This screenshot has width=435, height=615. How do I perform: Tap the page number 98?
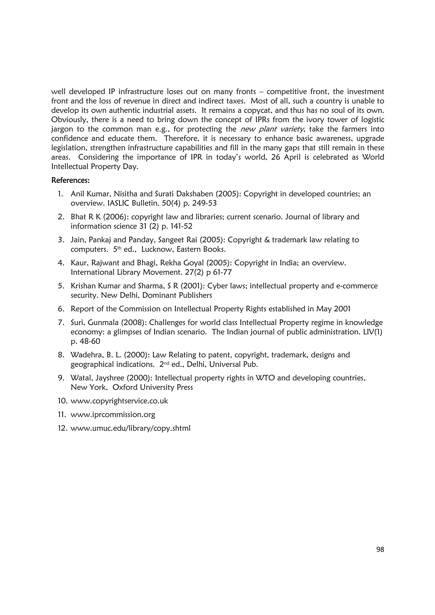coord(380,550)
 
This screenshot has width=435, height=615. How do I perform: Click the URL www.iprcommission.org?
coord(113,415)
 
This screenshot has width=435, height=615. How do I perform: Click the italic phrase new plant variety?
coord(272,129)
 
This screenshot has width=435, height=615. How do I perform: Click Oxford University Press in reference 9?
coord(153,387)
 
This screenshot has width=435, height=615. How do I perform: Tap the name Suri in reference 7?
coord(76,323)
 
